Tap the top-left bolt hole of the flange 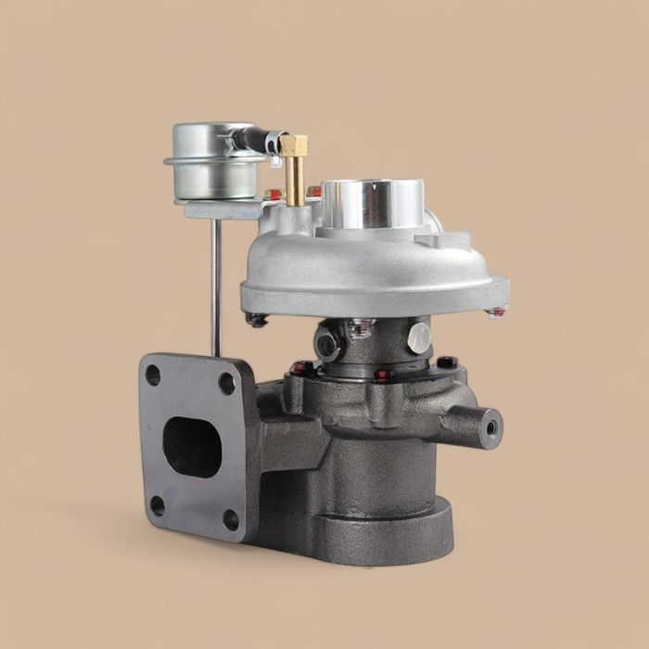click(x=153, y=376)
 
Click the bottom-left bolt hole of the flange click(x=157, y=505)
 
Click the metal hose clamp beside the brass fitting click(x=271, y=143)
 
